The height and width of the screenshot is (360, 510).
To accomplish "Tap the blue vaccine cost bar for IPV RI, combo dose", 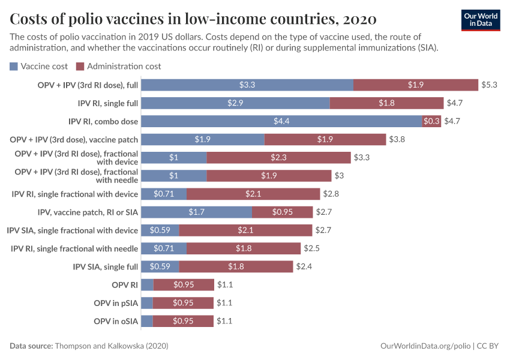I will click(282, 121).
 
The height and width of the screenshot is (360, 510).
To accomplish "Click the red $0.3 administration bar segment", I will click(431, 121).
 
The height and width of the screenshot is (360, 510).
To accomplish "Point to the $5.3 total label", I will click(489, 85).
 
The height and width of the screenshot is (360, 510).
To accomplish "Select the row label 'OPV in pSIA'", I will click(116, 303).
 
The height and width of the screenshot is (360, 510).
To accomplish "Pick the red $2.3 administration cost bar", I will click(278, 157).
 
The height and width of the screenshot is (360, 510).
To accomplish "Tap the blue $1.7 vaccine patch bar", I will click(196, 212).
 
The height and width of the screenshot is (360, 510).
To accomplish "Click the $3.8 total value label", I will click(397, 139).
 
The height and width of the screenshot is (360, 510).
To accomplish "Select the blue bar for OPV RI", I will click(148, 285).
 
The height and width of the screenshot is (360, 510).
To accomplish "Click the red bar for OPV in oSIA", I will click(183, 322).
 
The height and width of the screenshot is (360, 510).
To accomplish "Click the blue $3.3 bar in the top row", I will click(247, 85).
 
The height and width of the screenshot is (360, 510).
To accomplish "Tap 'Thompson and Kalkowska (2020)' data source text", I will click(111, 346).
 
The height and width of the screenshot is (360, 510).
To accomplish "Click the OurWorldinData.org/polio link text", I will click(425, 346).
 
